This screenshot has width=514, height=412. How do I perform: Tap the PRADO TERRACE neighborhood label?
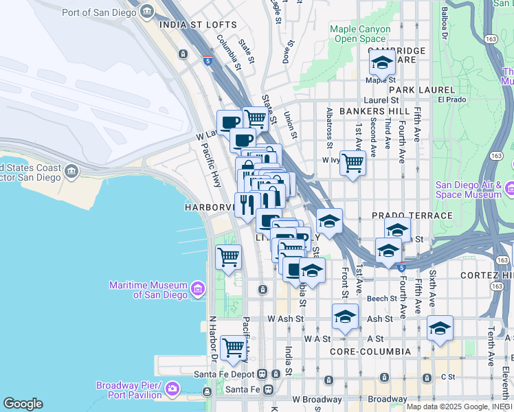click(x=412, y=216)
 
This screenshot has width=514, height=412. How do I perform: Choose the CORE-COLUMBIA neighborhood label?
click(x=370, y=352)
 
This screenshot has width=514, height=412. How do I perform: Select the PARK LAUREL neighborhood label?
click(x=422, y=90)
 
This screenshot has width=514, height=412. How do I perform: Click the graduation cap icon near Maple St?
click(x=382, y=62)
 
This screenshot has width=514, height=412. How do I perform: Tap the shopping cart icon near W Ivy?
click(x=353, y=163)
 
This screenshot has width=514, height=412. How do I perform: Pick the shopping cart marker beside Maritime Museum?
click(x=228, y=257)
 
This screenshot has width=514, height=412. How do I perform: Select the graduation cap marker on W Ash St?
click(x=345, y=317)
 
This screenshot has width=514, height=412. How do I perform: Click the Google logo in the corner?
click(x=23, y=404)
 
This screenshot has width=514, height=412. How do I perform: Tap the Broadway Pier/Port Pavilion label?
click(x=129, y=390)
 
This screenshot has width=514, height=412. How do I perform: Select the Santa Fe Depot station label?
click(x=224, y=374)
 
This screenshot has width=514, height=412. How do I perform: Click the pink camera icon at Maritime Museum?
click(x=199, y=289)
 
